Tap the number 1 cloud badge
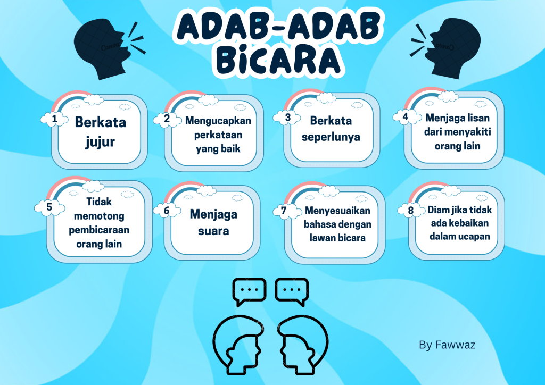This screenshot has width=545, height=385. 54,119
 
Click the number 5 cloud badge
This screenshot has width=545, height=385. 49,207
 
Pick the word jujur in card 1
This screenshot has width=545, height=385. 100,142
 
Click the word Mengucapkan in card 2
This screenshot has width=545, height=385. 218,121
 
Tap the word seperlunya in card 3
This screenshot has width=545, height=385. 331,137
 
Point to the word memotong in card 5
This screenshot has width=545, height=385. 99,216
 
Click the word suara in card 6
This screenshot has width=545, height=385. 213,231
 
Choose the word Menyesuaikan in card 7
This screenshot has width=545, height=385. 337,211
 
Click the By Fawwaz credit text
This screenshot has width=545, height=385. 447,345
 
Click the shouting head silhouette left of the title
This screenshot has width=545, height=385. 104,48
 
